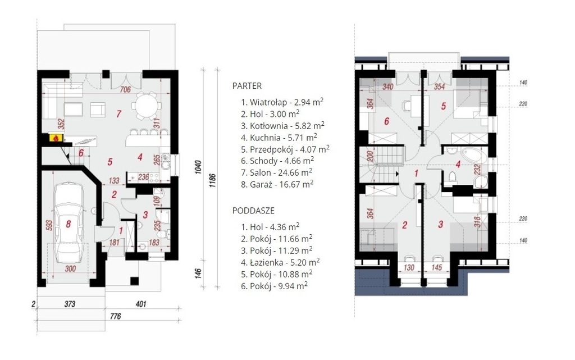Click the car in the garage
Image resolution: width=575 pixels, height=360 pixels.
coord(69,223)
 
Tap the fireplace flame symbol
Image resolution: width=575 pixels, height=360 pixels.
coord(56,139)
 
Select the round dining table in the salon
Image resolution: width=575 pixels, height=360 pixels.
coord(147,105)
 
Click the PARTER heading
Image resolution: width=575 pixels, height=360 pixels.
coord(247,86)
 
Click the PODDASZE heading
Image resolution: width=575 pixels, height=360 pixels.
coord(253,211)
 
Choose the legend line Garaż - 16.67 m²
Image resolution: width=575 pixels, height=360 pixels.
coord(277,184)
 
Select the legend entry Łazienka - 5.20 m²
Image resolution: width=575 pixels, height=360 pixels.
coord(280,262)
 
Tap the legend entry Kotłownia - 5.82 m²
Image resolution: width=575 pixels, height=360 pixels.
coord(283,126)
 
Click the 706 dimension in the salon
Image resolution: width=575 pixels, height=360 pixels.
coord(125,89)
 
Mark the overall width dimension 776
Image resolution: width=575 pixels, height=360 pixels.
coord(115,316)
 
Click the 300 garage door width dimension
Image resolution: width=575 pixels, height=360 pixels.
coord(70,268)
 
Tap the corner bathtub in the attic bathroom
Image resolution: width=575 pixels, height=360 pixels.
coord(474,157)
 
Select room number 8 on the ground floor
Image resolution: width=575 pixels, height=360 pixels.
coord(68,224)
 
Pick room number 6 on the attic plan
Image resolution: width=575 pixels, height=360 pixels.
coord(386,121)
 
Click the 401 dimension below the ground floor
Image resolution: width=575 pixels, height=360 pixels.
coord(141,304)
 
